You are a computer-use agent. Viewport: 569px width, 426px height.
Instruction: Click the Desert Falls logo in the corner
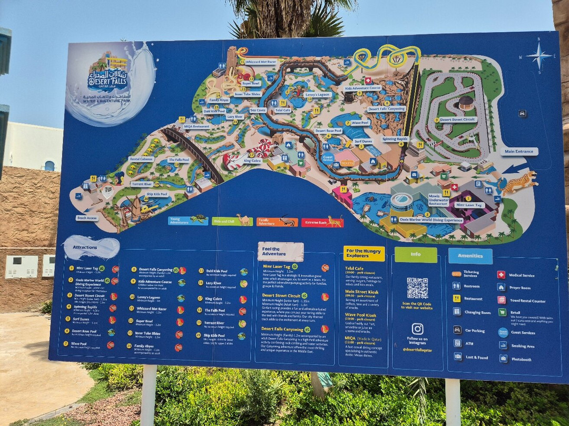pyautogui.click(x=109, y=79)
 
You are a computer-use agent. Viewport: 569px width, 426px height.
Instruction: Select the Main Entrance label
pyautogui.click(x=519, y=152)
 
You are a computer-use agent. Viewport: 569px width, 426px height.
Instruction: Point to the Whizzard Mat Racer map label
pyautogui.click(x=261, y=62)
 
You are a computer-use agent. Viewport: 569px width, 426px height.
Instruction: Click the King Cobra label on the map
pyautogui.click(x=252, y=160)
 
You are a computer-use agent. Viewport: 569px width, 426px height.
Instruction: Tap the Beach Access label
pyautogui.click(x=87, y=218)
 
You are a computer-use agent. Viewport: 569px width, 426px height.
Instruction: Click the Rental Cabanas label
pyautogui.click(x=141, y=159)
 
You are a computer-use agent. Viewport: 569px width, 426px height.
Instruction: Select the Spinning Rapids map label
pyautogui.click(x=395, y=139)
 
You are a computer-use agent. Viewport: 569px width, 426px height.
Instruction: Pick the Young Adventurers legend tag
pyautogui.click(x=188, y=220)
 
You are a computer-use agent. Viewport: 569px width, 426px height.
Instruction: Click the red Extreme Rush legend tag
pyautogui.click(x=322, y=222)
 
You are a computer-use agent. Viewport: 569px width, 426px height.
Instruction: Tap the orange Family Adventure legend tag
pyautogui.click(x=277, y=222)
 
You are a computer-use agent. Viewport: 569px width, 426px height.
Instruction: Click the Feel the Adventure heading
pyautogui.click(x=280, y=251)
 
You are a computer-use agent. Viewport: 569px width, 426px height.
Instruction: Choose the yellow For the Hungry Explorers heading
pyautogui.click(x=364, y=254)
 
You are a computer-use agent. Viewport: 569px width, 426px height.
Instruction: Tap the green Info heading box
pyautogui.click(x=416, y=255)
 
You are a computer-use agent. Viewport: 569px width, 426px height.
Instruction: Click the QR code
pyautogui.click(x=417, y=288)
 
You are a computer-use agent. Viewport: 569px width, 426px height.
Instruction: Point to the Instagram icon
pyautogui.click(x=417, y=329)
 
